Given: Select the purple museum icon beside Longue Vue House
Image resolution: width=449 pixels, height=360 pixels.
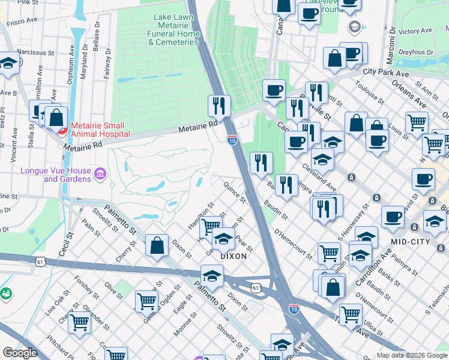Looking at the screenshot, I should pos(100,175).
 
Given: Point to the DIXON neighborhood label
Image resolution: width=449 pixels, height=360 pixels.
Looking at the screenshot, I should pos(234,256).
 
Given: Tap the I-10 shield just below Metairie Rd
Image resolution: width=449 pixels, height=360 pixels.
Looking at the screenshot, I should pos(232,140).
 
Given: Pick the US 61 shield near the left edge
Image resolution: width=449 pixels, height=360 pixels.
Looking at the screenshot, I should pos(40,262).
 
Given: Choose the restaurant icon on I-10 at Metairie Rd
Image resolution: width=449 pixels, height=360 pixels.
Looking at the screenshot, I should pos(219,106).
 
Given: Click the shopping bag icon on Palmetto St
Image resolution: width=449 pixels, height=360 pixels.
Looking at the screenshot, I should pos(157,245).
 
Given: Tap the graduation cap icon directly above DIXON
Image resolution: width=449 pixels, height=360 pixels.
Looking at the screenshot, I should pos(223,239).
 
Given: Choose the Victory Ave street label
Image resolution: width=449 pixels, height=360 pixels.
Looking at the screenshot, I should pos(415,31).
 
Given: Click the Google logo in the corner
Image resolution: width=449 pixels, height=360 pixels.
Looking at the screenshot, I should pos(20,353).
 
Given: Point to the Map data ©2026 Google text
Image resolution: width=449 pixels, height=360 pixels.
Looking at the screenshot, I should pos(412,355).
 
